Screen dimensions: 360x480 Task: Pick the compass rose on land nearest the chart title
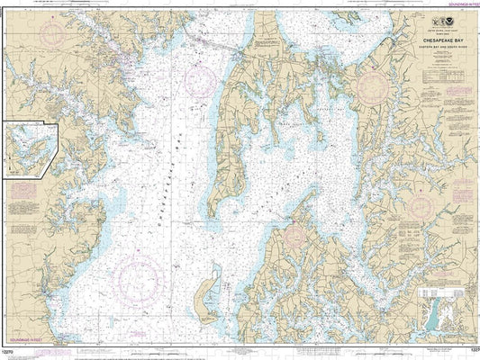[374, 87]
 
